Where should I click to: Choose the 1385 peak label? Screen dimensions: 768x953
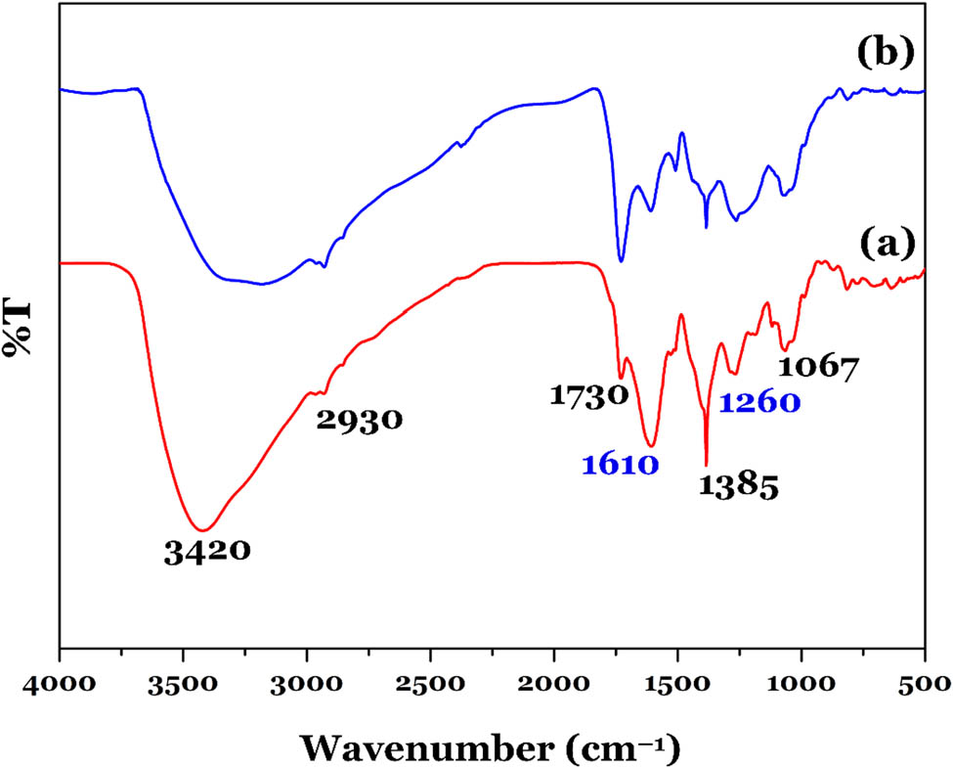pos(739,486)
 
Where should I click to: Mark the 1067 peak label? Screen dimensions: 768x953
pos(818,369)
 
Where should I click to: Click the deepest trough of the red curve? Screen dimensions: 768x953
pos(203,529)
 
